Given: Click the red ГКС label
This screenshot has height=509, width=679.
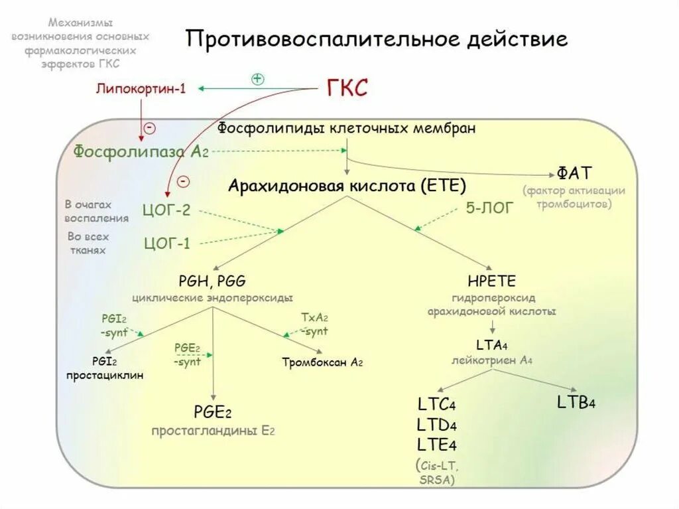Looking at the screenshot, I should pos(347,87).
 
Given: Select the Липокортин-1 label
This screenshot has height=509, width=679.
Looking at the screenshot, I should pos(140,88).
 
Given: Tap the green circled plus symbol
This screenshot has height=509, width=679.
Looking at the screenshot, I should pos(258,78).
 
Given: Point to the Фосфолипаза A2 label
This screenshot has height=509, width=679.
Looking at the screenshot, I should pos(141,151).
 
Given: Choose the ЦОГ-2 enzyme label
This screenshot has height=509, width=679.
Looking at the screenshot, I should pos(166,211).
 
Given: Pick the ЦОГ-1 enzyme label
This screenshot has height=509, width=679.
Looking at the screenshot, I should pos(166,243).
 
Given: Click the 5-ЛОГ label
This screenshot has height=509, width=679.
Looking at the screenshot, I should pos(489,208).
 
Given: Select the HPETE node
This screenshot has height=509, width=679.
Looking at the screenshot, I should pos(491,281).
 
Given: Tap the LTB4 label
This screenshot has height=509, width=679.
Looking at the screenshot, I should pos(574,402).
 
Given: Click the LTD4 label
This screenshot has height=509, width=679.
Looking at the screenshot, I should pos(437,424).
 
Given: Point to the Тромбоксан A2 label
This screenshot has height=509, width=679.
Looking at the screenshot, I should pos(322,362).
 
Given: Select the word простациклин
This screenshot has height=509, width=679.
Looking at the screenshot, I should pos(104,376).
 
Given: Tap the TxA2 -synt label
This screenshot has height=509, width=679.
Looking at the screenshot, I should pos(315,325).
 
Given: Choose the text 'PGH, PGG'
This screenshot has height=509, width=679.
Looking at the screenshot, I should pos(212,281).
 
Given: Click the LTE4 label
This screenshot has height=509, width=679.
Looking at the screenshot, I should pos(437,444).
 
